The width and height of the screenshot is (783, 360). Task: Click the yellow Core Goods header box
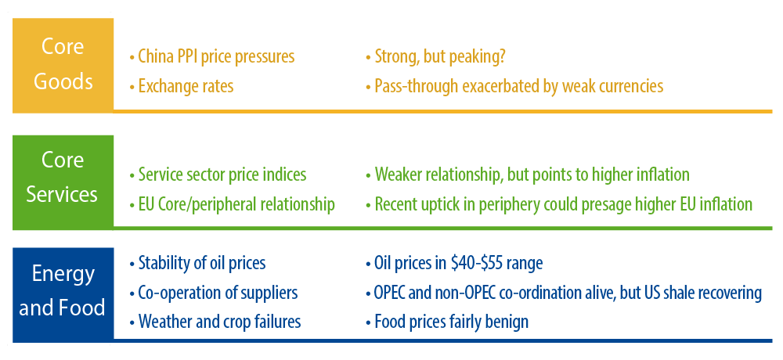(x=63, y=66)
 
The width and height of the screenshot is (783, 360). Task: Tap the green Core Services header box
(x=63, y=182)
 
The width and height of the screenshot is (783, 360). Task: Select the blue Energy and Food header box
(x=63, y=294)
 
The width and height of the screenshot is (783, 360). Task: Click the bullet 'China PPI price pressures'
(x=211, y=57)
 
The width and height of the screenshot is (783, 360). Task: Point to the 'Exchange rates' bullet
(x=182, y=86)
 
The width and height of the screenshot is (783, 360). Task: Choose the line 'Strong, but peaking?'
(x=435, y=57)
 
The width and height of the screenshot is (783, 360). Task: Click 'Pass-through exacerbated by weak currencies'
(x=514, y=86)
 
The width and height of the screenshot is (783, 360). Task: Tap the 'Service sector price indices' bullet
(x=218, y=175)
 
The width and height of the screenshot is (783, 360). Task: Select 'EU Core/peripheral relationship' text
(x=232, y=204)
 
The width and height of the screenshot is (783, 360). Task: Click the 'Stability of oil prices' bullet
(x=197, y=263)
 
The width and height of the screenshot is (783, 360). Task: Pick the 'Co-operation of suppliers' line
(x=213, y=292)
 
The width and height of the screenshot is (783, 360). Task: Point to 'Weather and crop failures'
(x=215, y=322)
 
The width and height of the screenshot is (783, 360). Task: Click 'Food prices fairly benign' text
(x=447, y=322)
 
